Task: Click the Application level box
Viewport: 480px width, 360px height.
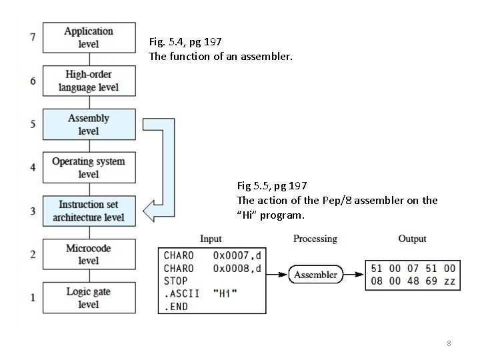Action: tap(89, 37)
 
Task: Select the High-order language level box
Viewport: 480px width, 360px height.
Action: tap(89, 81)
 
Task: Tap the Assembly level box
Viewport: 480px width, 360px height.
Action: tap(89, 125)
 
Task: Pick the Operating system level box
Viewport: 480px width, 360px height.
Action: tap(89, 168)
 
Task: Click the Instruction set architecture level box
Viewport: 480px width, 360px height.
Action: tap(89, 211)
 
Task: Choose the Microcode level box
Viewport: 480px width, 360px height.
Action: tap(89, 255)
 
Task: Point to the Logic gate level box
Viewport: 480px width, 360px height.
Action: tap(89, 298)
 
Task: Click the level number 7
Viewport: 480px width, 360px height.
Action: tap(33, 37)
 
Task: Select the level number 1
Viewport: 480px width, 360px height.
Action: tap(33, 298)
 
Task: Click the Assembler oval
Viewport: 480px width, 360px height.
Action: tap(315, 275)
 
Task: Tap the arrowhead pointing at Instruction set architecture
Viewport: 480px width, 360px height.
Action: tap(152, 211)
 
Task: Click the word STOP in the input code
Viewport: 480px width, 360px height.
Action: tap(176, 281)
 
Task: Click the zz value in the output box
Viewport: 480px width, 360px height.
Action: tap(449, 281)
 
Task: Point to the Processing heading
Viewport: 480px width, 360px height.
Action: tap(315, 239)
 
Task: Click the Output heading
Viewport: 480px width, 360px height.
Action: tap(412, 239)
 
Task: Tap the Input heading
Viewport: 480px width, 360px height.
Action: tap(211, 239)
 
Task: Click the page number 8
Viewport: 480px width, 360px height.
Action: tap(449, 343)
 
